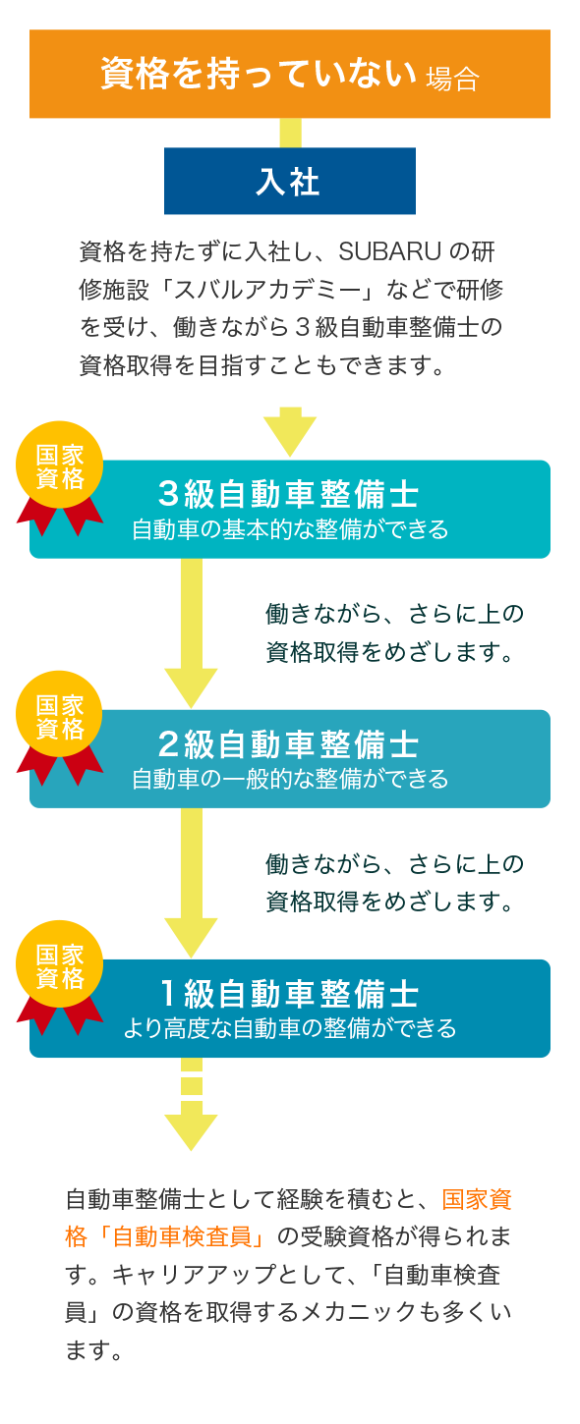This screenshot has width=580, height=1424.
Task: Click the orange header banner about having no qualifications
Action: (290, 74)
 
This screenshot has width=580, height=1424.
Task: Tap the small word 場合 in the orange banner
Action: (452, 80)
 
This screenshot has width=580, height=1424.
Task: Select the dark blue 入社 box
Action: (290, 181)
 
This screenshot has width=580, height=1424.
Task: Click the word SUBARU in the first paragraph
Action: (389, 251)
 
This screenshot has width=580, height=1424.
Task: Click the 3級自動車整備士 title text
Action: (288, 494)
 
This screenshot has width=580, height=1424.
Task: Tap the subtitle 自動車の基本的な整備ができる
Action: (290, 529)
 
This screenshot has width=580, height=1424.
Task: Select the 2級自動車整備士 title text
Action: (288, 743)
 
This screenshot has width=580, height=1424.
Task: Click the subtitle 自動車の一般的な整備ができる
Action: (290, 779)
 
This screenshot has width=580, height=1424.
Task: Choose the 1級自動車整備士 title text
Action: (288, 994)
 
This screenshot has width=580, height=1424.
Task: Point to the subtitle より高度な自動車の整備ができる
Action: (290, 1028)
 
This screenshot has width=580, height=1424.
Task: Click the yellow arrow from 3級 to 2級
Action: (191, 633)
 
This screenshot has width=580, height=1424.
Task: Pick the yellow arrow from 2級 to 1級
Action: (191, 883)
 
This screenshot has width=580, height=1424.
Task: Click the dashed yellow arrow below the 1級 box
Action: (191, 1104)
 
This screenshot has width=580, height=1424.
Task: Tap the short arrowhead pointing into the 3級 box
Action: (290, 432)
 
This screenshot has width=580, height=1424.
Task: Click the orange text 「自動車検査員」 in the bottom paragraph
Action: (185, 1237)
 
